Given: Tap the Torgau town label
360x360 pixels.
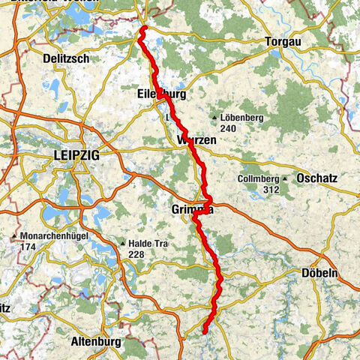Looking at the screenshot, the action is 283,42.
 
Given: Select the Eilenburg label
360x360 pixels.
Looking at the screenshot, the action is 161,94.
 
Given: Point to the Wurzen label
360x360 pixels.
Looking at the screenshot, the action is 196,141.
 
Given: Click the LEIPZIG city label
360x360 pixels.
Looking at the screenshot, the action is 76,155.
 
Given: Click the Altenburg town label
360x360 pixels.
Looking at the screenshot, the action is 95,342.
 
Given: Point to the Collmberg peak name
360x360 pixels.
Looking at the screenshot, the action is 258,179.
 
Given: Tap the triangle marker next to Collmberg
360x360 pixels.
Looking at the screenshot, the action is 285,179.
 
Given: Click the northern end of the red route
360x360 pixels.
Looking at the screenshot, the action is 142,30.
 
